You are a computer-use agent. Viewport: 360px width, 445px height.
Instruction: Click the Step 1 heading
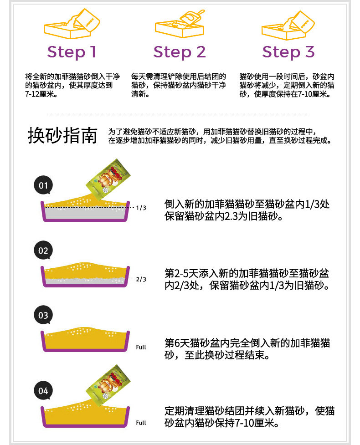[x=72, y=52]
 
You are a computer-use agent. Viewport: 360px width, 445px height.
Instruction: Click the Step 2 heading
[x=180, y=52]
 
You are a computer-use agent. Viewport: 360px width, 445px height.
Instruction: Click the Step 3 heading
[x=288, y=52]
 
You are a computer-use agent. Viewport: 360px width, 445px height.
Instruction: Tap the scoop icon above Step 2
[x=180, y=25]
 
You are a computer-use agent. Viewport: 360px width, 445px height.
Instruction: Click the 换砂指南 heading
[x=62, y=135]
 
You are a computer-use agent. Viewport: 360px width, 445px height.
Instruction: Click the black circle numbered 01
[x=43, y=185]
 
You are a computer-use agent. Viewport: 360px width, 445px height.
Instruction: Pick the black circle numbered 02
[x=43, y=251]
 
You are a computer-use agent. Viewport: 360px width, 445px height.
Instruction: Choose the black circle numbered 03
[x=43, y=315]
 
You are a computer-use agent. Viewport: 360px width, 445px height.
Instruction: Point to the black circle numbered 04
[x=43, y=391]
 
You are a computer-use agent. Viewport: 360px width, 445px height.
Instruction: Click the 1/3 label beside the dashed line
[x=141, y=208]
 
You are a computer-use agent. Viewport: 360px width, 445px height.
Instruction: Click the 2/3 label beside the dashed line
[x=141, y=279]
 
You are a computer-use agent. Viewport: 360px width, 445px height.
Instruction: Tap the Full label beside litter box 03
[x=141, y=347]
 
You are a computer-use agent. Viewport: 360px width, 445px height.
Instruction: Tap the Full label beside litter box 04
[x=141, y=423]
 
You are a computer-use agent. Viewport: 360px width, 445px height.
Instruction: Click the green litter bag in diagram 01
[x=108, y=178]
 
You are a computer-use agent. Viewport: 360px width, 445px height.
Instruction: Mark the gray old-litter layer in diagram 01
[x=87, y=215]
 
